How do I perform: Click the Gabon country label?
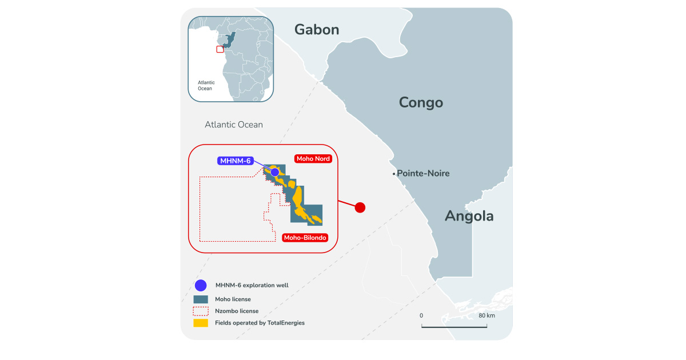click(x=317, y=30)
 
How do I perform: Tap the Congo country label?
click(x=421, y=103)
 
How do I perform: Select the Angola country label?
click(x=469, y=216)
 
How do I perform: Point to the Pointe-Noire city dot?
click(x=394, y=173)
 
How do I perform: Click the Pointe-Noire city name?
click(x=423, y=173)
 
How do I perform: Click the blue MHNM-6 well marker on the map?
click(x=275, y=171)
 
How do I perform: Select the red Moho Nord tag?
click(x=313, y=158)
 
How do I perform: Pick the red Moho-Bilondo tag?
click(x=305, y=237)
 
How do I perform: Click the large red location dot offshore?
click(x=360, y=207)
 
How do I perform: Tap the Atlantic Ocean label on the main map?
click(x=234, y=125)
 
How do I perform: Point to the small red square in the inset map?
click(x=220, y=49)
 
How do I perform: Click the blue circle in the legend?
click(x=201, y=285)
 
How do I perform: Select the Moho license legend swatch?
click(x=201, y=299)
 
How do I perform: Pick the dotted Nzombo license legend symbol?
click(x=201, y=311)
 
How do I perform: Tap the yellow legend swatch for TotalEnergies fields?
click(x=201, y=323)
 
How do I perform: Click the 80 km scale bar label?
click(x=486, y=315)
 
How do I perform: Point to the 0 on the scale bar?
click(x=421, y=315)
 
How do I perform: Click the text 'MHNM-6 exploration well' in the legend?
click(x=252, y=285)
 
